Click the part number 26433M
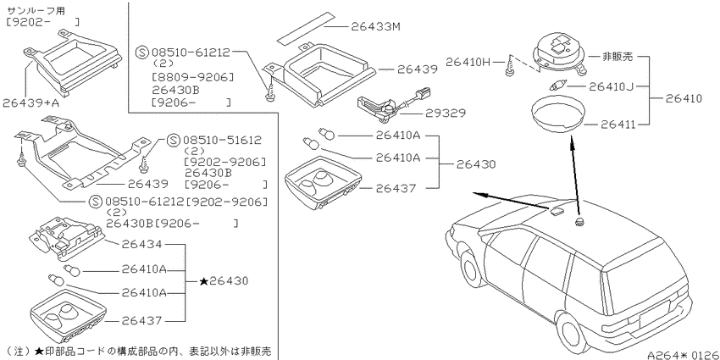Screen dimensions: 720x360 tap(376, 26)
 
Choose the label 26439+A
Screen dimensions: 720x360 tap(30, 102)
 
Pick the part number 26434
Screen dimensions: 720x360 tap(142, 244)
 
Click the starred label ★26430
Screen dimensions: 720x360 tap(224, 280)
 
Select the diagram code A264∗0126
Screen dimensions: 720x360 tap(683, 355)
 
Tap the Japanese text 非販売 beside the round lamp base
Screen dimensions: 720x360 tap(618, 57)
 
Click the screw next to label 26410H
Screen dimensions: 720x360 tap(509, 64)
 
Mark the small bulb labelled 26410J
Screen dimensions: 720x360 tap(557, 86)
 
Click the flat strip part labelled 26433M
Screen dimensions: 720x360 tap(305, 28)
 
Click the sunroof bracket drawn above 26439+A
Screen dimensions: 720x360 tap(73, 62)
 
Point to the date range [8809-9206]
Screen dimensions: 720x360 tap(192, 76)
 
